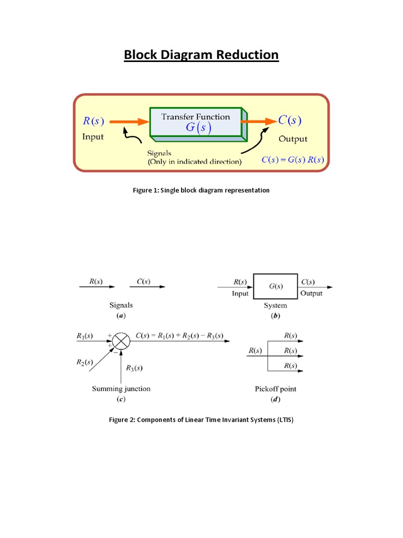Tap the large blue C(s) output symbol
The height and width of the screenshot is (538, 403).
[x=290, y=120]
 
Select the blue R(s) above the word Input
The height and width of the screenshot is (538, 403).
[x=93, y=121]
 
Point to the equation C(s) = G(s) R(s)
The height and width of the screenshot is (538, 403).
[x=293, y=160]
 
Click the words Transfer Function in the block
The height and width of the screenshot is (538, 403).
[x=196, y=117]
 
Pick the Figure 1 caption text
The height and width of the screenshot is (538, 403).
[x=201, y=190]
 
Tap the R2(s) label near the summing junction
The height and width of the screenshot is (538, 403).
[x=84, y=362]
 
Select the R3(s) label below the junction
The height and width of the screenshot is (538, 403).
[x=133, y=368]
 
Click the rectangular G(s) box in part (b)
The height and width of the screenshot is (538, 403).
[x=276, y=286]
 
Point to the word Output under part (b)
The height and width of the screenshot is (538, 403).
[x=312, y=294]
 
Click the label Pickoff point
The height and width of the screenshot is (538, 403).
[x=275, y=389]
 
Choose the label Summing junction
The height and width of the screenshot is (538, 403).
[x=121, y=389]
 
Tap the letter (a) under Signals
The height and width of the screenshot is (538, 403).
[x=121, y=316]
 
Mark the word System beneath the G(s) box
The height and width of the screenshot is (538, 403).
[x=275, y=305]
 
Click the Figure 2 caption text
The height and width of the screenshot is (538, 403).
[x=201, y=420]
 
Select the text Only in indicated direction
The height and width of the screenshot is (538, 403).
[x=195, y=162]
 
